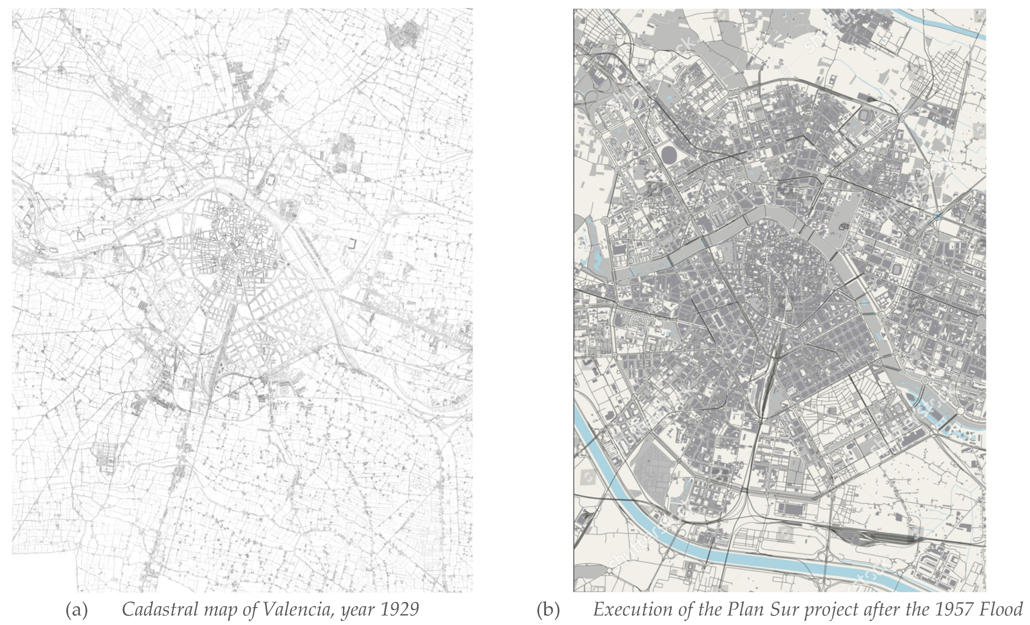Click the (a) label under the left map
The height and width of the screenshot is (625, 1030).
(x=77, y=610)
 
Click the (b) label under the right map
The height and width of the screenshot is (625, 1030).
(x=548, y=610)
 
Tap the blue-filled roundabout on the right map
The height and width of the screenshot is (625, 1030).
(x=938, y=216)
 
